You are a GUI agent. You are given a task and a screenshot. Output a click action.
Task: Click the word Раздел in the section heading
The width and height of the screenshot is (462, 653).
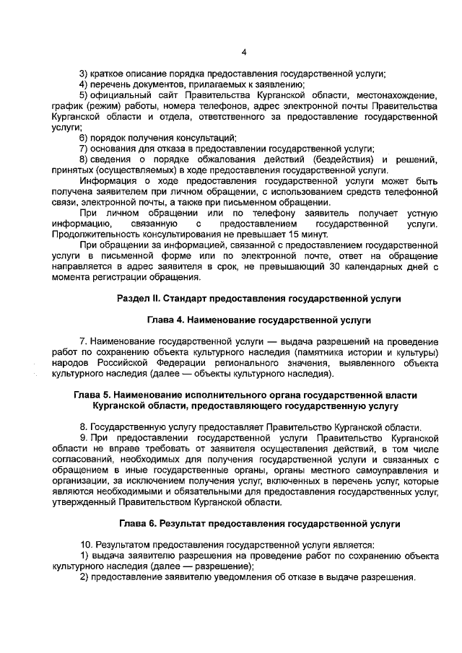(134, 298)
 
